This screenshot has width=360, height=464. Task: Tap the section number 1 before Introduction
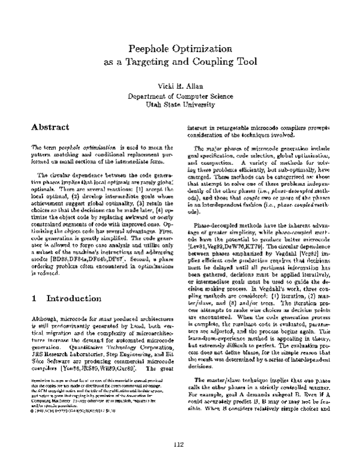click(x=35, y=315)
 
